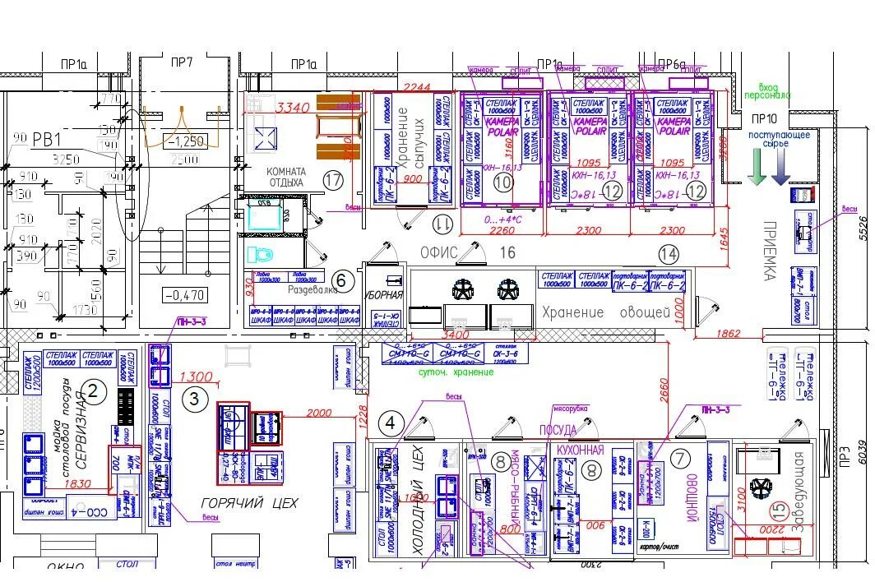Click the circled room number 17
pyautogui.click(x=332, y=179)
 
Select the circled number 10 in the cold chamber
pyautogui.click(x=502, y=182)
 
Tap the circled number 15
pyautogui.click(x=777, y=510)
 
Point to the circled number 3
pyautogui.click(x=194, y=400)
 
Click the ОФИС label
pyautogui.click(x=439, y=252)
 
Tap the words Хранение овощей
pyautogui.click(x=594, y=312)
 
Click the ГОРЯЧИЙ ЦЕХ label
pyautogui.click(x=249, y=502)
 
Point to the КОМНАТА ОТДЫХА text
pyautogui.click(x=285, y=177)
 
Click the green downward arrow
pyautogui.click(x=757, y=168)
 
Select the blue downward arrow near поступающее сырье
pyautogui.click(x=780, y=168)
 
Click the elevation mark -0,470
pyautogui.click(x=184, y=295)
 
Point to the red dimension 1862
pyautogui.click(x=728, y=334)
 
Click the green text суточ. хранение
pyautogui.click(x=456, y=372)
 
